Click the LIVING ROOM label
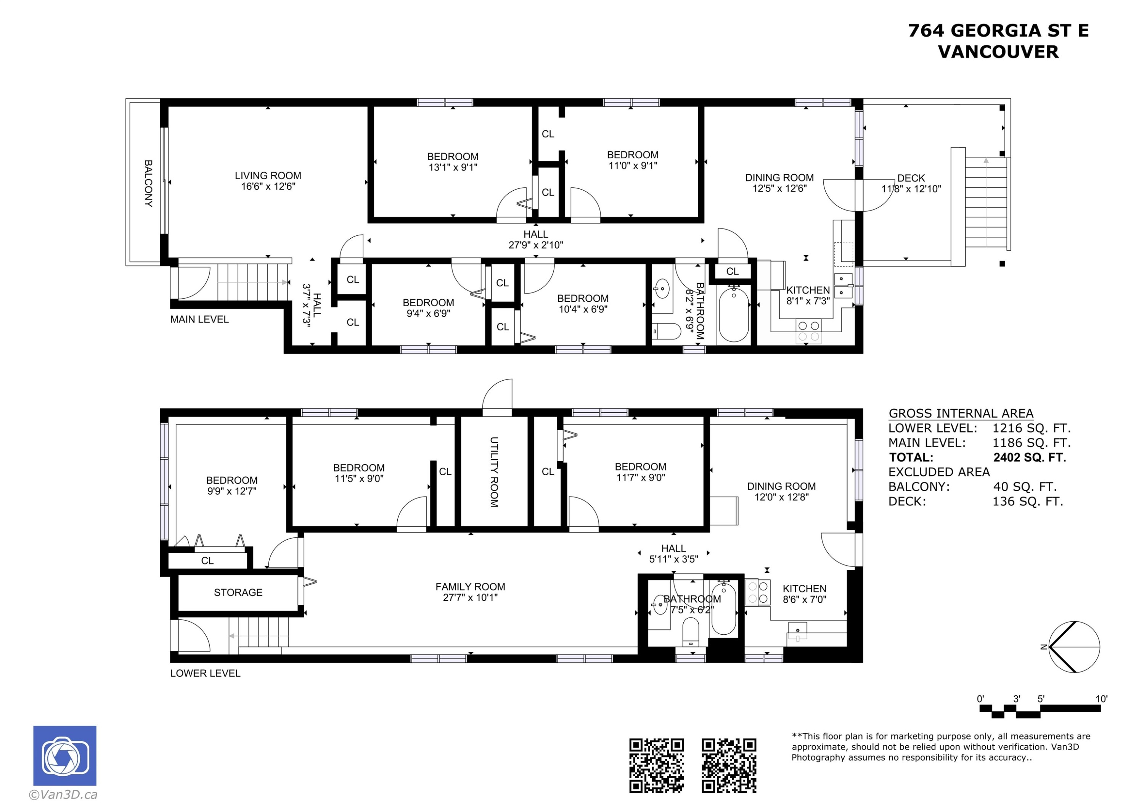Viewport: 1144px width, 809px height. pyautogui.click(x=268, y=175)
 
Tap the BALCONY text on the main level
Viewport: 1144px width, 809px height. pyautogui.click(x=148, y=183)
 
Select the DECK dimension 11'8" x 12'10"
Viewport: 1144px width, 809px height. pyautogui.click(x=911, y=189)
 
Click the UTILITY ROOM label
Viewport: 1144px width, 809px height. pyautogui.click(x=494, y=472)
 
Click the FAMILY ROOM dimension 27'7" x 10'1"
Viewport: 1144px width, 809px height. pyautogui.click(x=470, y=598)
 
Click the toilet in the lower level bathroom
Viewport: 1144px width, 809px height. pyautogui.click(x=691, y=632)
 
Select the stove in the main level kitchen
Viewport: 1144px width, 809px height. pyautogui.click(x=808, y=331)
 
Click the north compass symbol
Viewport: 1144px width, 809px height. pyautogui.click(x=1074, y=647)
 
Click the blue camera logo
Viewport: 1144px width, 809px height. pyautogui.click(x=65, y=755)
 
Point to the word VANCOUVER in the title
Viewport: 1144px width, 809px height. pyautogui.click(x=998, y=52)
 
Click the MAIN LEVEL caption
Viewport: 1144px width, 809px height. pyautogui.click(x=199, y=320)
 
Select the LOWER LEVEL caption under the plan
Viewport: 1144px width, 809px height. pyautogui.click(x=205, y=674)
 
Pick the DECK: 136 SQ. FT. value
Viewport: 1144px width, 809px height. pyautogui.click(x=1027, y=502)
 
